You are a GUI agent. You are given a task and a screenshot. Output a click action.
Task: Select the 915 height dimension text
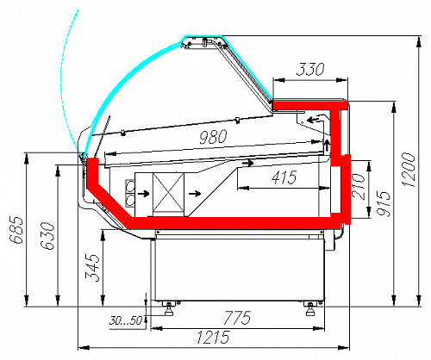pyautogui.click(x=384, y=203)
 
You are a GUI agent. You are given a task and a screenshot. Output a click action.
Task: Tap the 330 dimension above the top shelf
pyautogui.click(x=310, y=69)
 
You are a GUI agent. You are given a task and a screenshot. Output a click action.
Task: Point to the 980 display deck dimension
pyautogui.click(x=213, y=137)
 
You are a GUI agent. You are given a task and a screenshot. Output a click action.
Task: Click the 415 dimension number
pyautogui.click(x=284, y=177)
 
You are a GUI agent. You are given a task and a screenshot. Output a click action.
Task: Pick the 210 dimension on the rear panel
pyautogui.click(x=359, y=186)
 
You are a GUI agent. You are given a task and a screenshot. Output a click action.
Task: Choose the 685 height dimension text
pyautogui.click(x=16, y=230)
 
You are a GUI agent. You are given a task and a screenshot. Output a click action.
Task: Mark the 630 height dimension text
pyautogui.click(x=47, y=235)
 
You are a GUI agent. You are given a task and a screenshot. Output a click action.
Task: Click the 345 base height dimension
pyautogui.click(x=92, y=267)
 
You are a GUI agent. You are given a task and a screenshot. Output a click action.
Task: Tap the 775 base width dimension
pyautogui.click(x=237, y=318)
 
